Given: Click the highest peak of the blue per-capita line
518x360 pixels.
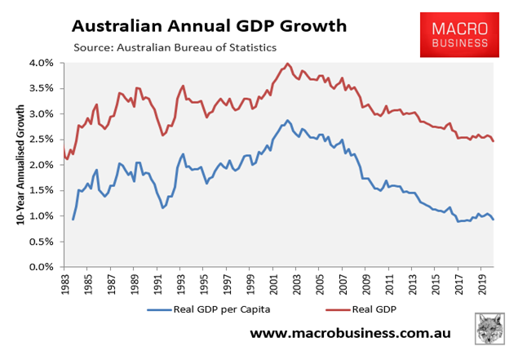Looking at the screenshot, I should [x=287, y=120].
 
